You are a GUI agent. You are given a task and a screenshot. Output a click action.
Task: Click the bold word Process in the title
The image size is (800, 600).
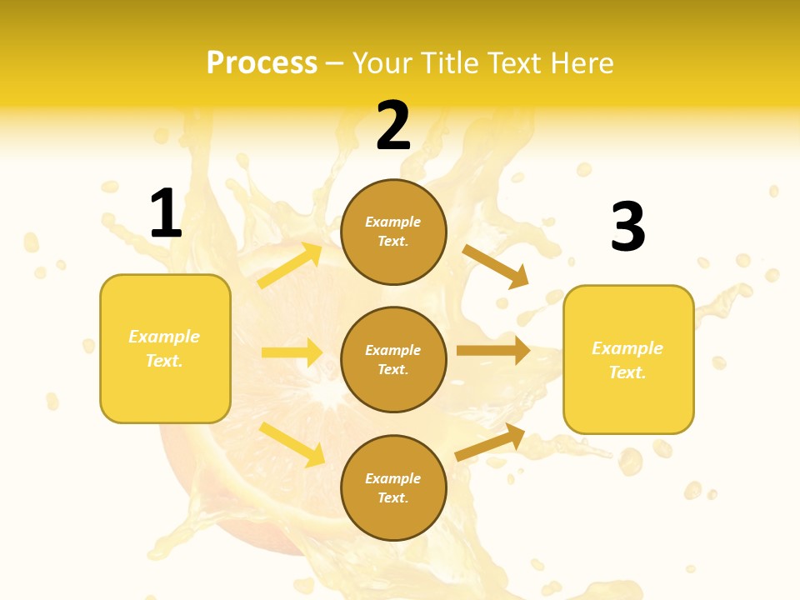tap(262, 63)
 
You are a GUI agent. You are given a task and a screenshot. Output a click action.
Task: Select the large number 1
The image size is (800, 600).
tap(165, 214)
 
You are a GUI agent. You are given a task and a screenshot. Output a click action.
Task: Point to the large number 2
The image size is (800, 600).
tap(393, 127)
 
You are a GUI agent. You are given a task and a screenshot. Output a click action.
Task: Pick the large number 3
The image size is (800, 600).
tap(627, 227)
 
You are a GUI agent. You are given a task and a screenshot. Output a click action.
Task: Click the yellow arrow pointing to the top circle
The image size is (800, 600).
tap(290, 266)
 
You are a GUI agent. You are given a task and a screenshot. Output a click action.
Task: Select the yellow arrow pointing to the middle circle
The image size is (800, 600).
tap(292, 352)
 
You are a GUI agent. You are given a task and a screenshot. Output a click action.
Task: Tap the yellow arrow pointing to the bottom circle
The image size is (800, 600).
tap(292, 444)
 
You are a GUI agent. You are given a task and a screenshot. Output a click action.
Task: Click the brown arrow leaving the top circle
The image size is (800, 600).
tap(496, 266)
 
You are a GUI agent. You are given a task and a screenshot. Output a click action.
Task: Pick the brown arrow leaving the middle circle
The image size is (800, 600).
tap(493, 350)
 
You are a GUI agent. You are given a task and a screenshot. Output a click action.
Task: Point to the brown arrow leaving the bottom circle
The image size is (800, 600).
tap(490, 442)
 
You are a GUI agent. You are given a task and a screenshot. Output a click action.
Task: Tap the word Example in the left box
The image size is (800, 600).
tap(164, 337)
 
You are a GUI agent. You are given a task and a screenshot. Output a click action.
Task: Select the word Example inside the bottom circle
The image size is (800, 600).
tap(393, 478)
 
